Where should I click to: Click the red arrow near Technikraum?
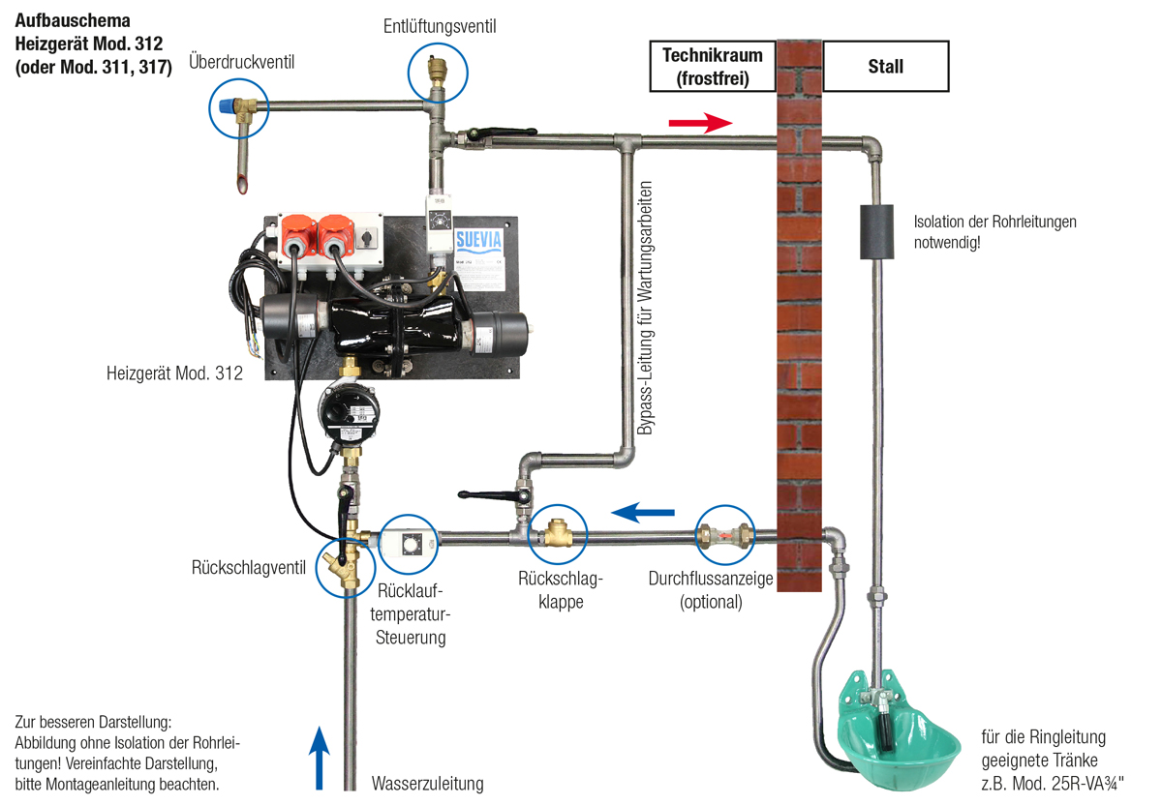point(700,123)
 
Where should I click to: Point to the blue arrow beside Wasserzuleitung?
point(320,758)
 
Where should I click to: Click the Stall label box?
point(885,66)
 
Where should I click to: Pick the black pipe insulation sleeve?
point(874,232)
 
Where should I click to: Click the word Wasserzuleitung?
point(427,784)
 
